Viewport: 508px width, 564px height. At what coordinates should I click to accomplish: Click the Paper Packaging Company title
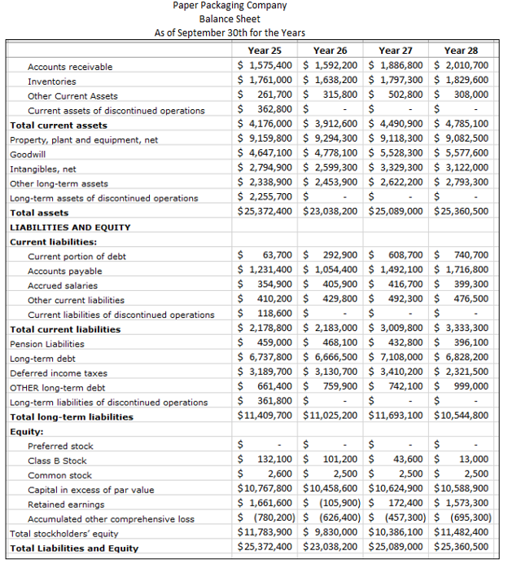coord(230,6)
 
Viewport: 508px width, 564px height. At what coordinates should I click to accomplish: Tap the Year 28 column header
coord(461,51)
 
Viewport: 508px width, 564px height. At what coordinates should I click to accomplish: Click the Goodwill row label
coord(27,154)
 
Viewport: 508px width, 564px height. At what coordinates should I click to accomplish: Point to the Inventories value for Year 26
coord(335,81)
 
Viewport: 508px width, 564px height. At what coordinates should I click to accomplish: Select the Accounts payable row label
coord(65,271)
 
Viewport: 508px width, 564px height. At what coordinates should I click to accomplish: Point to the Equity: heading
coord(27,431)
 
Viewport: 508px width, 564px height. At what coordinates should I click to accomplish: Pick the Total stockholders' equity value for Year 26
coord(335,533)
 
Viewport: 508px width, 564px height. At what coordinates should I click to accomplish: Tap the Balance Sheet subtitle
coord(230,19)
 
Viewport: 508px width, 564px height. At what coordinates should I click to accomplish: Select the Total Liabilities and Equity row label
coord(74,549)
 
